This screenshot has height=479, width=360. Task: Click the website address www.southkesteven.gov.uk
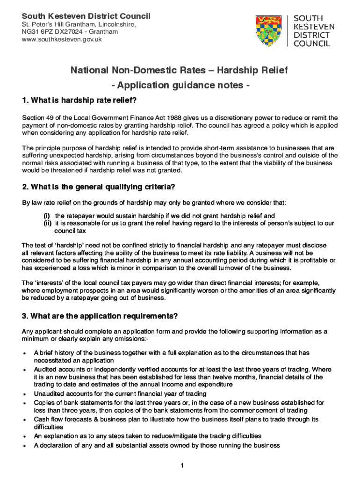click(62, 39)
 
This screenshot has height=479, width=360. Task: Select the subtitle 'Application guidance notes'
click(180, 86)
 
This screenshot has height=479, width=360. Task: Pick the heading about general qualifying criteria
click(99, 187)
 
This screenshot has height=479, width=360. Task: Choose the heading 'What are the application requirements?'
click(100, 316)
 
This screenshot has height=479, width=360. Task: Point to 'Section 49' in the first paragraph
click(36, 117)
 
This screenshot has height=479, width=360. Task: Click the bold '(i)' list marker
click(47, 216)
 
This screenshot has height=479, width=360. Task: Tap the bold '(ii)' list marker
click(48, 223)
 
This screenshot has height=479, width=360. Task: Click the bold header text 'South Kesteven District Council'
click(86, 16)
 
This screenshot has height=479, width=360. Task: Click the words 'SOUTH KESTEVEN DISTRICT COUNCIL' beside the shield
click(311, 30)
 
